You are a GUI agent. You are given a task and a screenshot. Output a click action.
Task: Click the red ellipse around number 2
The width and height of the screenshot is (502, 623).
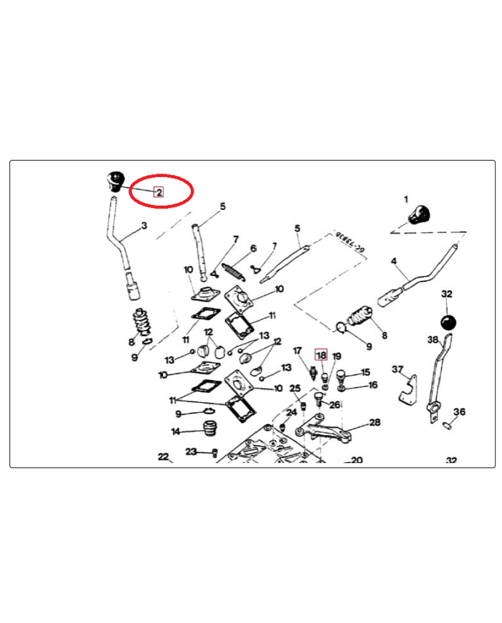[161, 191]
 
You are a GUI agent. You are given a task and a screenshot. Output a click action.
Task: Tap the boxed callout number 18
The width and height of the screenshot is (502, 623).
[321, 355]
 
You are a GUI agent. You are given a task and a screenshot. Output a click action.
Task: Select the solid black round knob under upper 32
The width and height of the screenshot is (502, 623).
[448, 322]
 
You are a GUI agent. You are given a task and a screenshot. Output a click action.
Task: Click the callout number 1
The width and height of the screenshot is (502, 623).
[406, 199]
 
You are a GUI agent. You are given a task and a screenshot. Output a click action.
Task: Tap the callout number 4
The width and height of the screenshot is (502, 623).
[393, 262]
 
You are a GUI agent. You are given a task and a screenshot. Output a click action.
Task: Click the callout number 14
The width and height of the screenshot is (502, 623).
[176, 432]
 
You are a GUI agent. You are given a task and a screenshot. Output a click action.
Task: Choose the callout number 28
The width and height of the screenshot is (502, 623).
[374, 423]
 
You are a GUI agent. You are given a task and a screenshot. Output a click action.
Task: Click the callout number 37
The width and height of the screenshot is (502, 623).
[398, 369]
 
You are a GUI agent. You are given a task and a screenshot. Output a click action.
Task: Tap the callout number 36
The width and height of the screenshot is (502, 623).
[459, 412]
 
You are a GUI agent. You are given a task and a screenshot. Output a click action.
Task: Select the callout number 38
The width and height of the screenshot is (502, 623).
[433, 339]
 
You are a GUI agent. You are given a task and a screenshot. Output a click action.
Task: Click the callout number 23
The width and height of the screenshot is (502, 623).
[191, 452]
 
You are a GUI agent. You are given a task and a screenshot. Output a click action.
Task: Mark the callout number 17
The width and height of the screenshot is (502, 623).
[297, 351]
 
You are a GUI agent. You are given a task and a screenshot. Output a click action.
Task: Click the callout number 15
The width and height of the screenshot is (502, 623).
[366, 372]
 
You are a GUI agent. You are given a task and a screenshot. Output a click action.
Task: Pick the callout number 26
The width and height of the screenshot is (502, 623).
[334, 405]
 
